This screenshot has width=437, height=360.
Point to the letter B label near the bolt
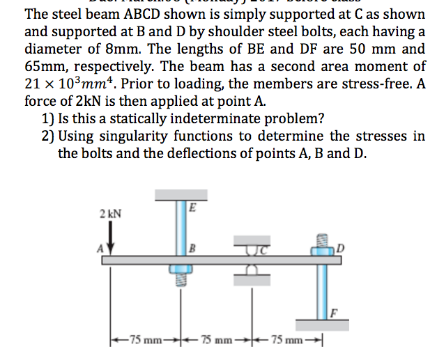(x=192, y=247)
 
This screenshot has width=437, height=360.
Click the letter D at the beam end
(x=342, y=247)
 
